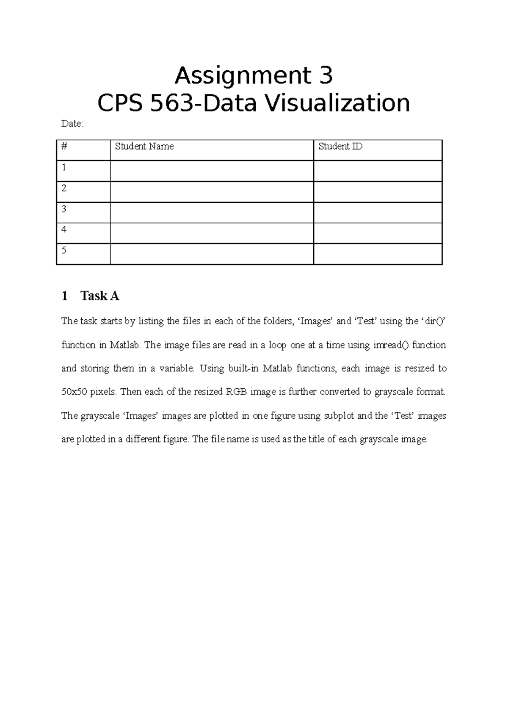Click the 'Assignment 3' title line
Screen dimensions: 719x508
click(x=254, y=76)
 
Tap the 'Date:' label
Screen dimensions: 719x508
click(x=72, y=124)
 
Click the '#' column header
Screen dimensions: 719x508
click(x=64, y=147)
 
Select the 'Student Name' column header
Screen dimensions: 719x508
click(x=144, y=147)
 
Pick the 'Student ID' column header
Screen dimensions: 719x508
click(x=340, y=147)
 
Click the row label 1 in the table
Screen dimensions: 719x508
click(x=64, y=168)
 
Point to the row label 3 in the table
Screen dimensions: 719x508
click(x=64, y=209)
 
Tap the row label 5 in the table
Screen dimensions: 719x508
click(x=64, y=251)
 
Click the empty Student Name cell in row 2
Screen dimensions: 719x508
click(x=212, y=192)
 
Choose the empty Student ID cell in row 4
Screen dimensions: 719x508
click(x=378, y=233)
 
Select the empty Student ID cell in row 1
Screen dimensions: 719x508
click(x=378, y=171)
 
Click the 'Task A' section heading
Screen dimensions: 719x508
click(x=99, y=296)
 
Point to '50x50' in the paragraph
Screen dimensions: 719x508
click(x=74, y=392)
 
